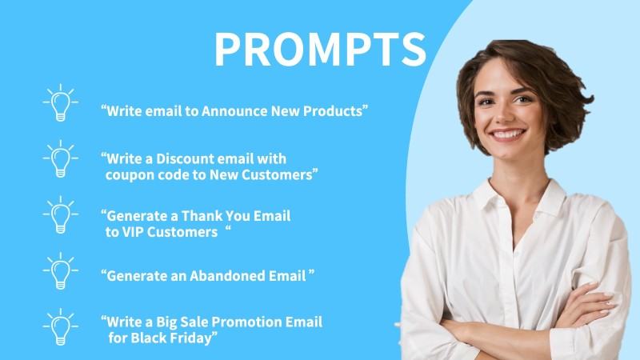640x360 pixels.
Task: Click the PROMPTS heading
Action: pyautogui.click(x=320, y=50)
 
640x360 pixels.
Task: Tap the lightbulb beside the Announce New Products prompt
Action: pyautogui.click(x=61, y=103)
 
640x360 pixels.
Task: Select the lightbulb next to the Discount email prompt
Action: pyautogui.click(x=61, y=158)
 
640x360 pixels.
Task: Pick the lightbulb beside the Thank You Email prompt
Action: pyautogui.click(x=61, y=214)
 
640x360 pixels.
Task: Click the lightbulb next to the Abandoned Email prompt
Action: pyautogui.click(x=61, y=271)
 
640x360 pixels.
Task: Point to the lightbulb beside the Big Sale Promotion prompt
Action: pyautogui.click(x=61, y=327)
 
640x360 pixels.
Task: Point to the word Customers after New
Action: pyautogui.click(x=277, y=174)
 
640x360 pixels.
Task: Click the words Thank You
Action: pyautogui.click(x=215, y=215)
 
